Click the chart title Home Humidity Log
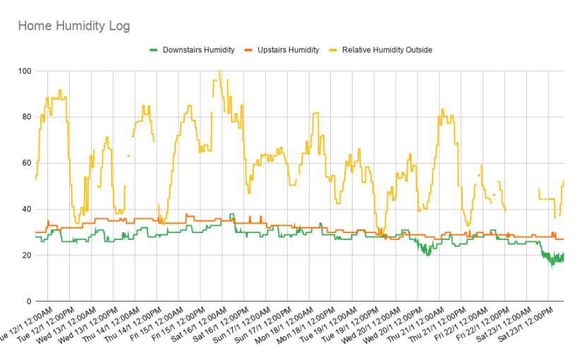coord(73,26)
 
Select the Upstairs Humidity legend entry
coord(286,50)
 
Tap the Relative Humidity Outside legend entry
coord(387,50)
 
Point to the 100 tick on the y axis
coord(25,71)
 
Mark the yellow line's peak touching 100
coord(219,72)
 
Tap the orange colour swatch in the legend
coord(247,50)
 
